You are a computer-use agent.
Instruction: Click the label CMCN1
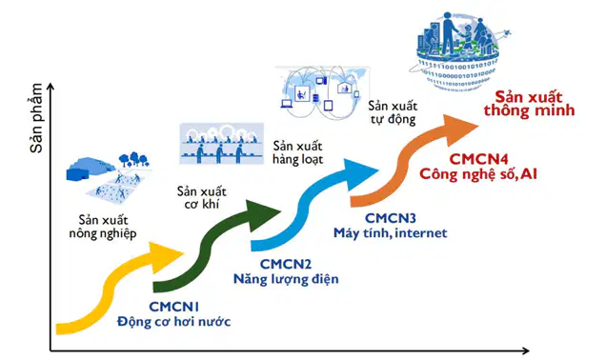(174, 307)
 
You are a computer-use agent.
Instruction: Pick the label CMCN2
(286, 264)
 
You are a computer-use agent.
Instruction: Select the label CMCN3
(391, 218)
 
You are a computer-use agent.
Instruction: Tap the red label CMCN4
(478, 159)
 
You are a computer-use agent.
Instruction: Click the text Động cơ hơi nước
(174, 321)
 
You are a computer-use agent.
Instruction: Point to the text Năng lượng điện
(286, 279)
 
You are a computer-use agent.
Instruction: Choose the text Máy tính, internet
(391, 233)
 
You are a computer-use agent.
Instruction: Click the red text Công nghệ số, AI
(478, 174)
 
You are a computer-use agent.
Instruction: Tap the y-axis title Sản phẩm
(37, 118)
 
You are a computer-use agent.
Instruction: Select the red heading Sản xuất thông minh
(529, 104)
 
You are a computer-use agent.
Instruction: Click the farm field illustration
(110, 176)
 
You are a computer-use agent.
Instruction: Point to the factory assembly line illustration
(221, 143)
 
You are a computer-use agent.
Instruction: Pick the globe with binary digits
(458, 51)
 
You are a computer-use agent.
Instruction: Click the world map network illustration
(322, 92)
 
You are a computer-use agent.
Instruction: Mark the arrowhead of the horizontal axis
(526, 350)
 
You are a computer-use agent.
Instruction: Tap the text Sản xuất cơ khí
(202, 197)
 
